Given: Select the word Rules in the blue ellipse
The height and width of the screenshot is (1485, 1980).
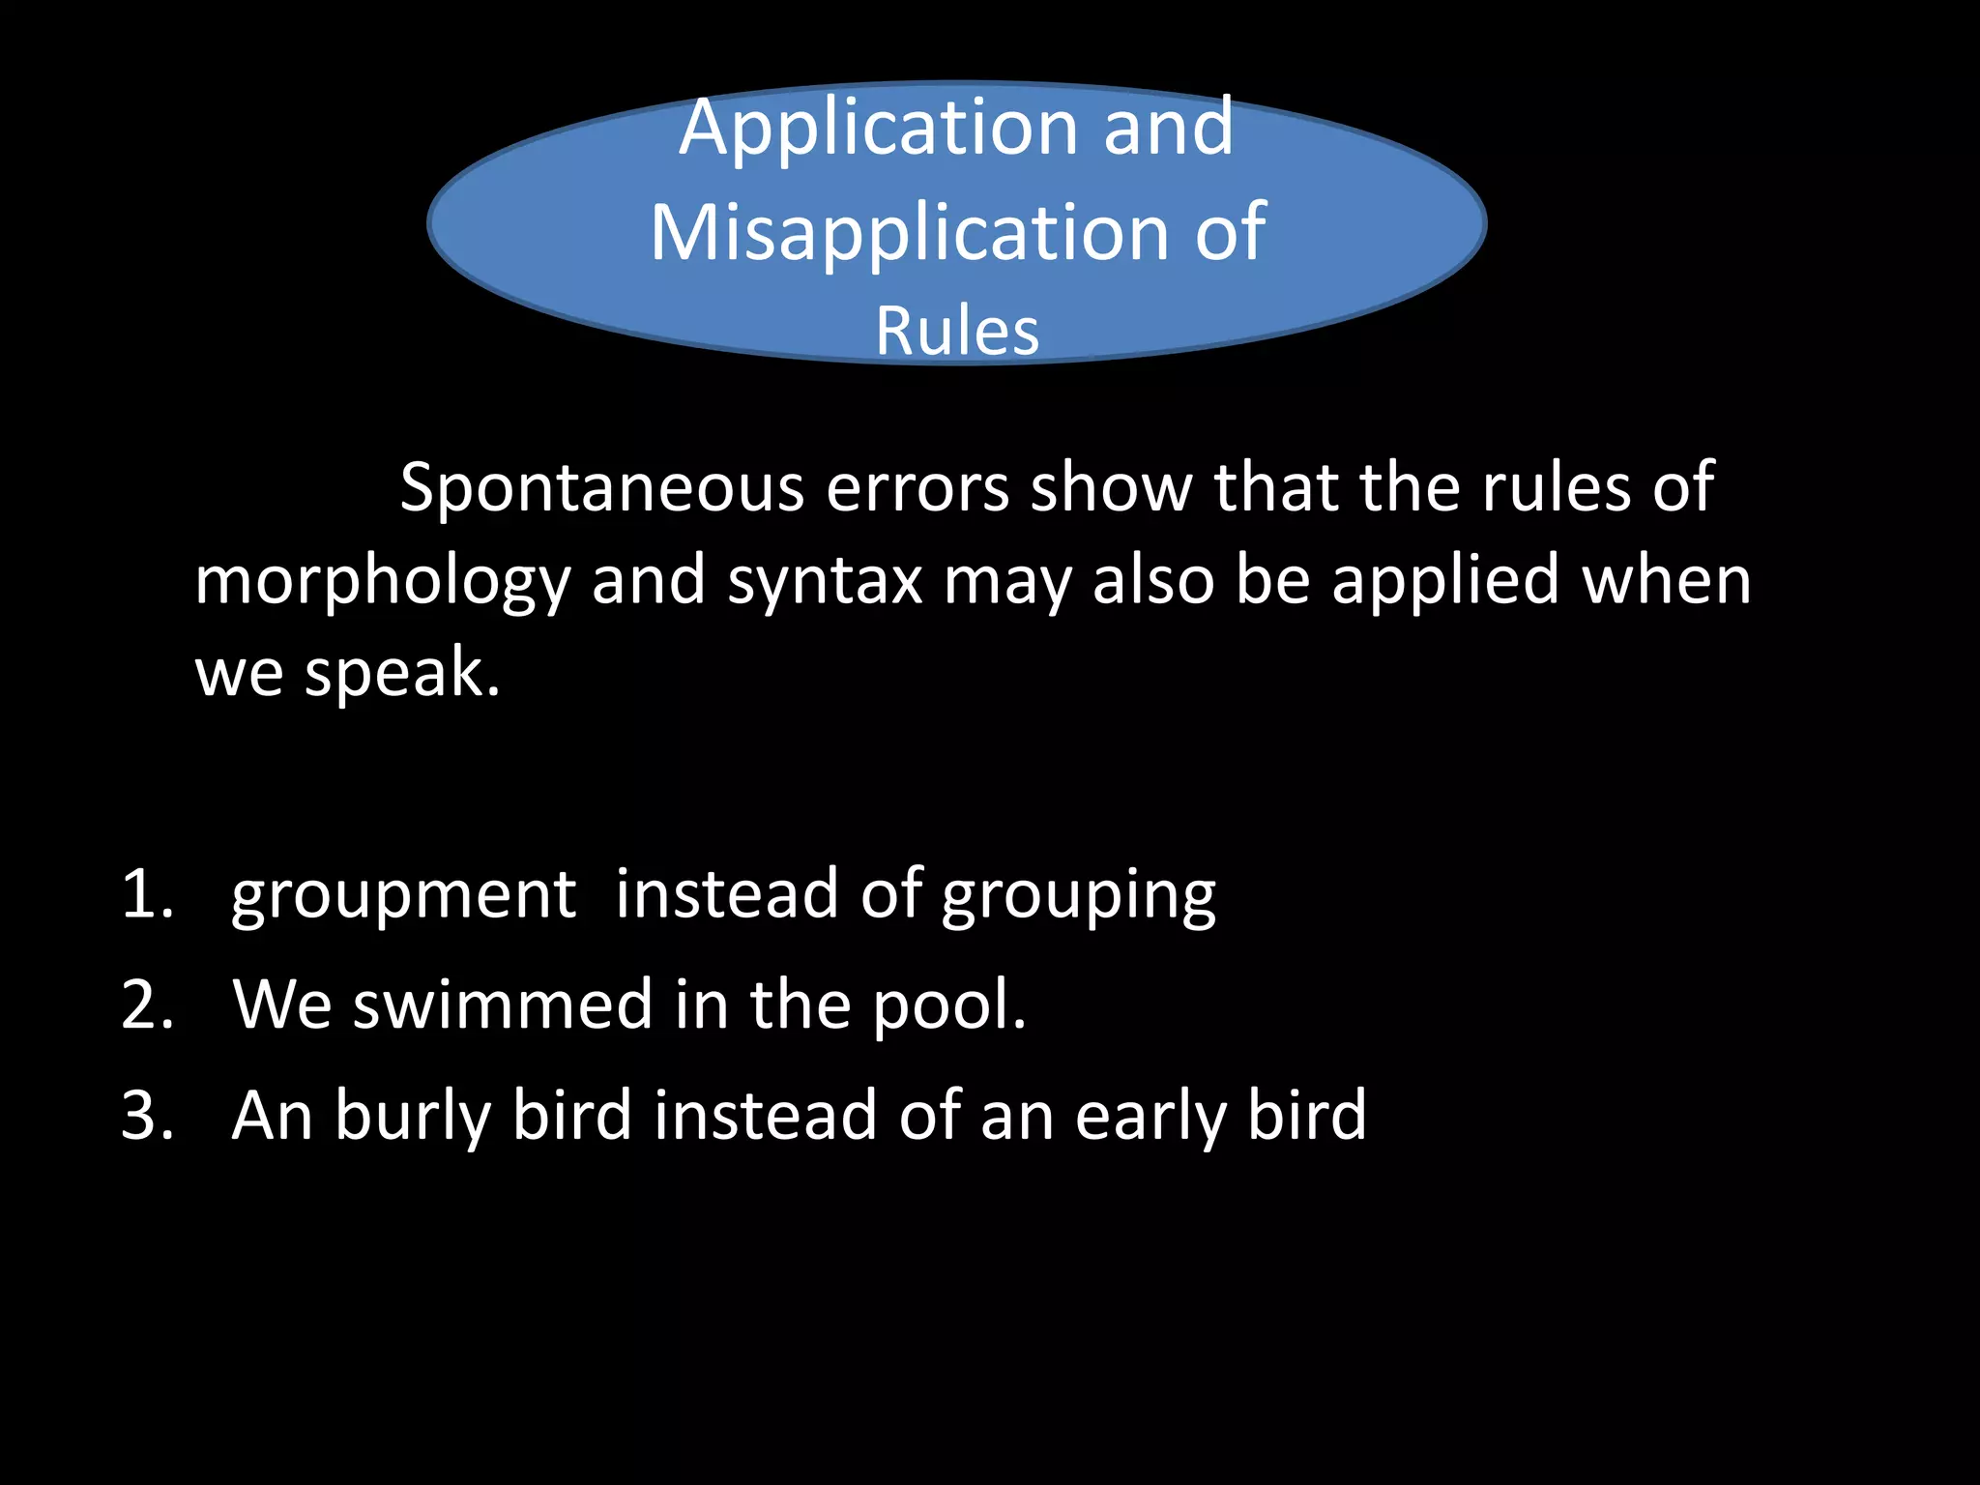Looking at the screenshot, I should click(957, 332).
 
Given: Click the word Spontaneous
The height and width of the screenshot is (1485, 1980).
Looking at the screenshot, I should click(601, 488).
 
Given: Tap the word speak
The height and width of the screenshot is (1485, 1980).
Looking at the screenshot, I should click(402, 673).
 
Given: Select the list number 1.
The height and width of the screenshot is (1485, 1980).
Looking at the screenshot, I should click(146, 894).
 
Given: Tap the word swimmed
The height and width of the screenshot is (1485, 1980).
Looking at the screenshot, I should click(503, 1005).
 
